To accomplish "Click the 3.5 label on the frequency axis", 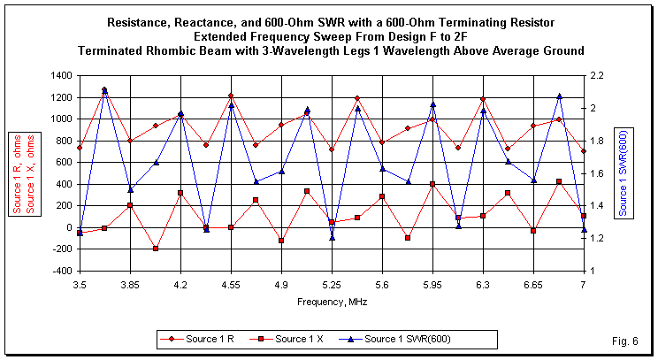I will (x=80, y=286).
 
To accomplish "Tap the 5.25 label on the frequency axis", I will (x=332, y=286).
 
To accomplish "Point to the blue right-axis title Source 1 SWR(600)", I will (x=624, y=173).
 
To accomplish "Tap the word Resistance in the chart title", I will (x=141, y=20).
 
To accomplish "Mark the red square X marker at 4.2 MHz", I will (x=180, y=193).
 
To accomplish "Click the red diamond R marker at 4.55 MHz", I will (x=231, y=96).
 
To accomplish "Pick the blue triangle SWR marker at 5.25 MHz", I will (x=332, y=237).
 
